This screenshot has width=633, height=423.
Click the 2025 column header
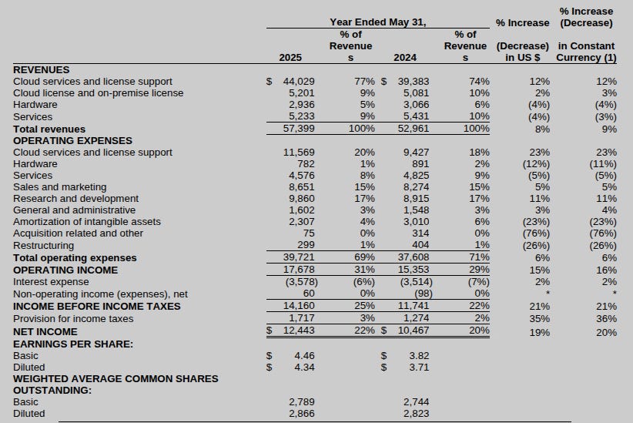point(291,57)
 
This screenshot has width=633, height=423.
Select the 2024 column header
point(405,57)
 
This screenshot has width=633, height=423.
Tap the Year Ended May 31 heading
point(377,22)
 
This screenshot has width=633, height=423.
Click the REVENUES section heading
point(42,69)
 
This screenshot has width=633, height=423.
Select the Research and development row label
point(76,199)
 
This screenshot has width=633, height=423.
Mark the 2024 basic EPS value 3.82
point(419,355)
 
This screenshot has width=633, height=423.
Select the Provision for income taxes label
point(73,318)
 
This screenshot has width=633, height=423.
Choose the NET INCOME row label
point(45,331)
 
